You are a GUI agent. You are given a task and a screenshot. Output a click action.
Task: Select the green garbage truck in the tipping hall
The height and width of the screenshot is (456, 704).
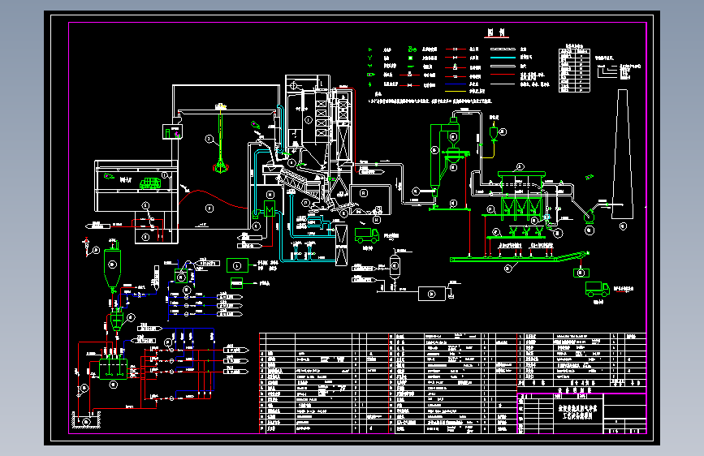(149, 183)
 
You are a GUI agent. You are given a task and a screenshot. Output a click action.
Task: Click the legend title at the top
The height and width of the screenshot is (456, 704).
(497, 34)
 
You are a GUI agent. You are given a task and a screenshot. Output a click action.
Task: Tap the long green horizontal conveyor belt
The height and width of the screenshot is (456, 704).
(503, 260)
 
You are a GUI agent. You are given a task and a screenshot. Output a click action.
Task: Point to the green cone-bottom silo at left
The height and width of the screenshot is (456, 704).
(111, 262)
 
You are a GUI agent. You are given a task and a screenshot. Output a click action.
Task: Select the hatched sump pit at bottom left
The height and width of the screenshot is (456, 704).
(86, 420)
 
